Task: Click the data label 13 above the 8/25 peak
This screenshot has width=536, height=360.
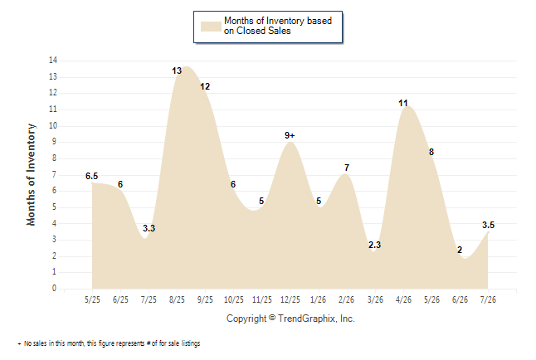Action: (177, 71)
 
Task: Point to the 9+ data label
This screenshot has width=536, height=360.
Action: (290, 135)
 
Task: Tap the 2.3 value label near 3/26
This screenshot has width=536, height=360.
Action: (374, 245)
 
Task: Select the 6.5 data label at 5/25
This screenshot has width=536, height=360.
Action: (91, 176)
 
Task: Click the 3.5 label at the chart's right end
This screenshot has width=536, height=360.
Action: (488, 225)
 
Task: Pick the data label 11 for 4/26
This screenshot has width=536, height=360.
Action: (403, 103)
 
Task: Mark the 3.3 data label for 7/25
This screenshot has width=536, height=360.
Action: (149, 228)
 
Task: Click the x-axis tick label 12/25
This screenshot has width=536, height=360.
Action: (290, 299)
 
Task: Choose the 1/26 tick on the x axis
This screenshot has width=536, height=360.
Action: (319, 299)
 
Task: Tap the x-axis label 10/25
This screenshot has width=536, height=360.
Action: (234, 299)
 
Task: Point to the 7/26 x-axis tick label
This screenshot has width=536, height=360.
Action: (488, 299)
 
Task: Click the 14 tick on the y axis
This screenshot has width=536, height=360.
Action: (53, 61)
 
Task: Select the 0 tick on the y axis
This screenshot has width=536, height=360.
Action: (54, 288)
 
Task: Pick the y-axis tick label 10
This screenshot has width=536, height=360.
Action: (53, 125)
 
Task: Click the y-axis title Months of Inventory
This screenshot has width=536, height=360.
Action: (31, 175)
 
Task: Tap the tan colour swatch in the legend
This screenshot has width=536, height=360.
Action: (211, 27)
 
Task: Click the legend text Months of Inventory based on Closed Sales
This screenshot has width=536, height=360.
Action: (278, 26)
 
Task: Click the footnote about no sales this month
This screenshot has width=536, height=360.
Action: (109, 343)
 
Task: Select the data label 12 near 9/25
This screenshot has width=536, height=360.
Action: (205, 86)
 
